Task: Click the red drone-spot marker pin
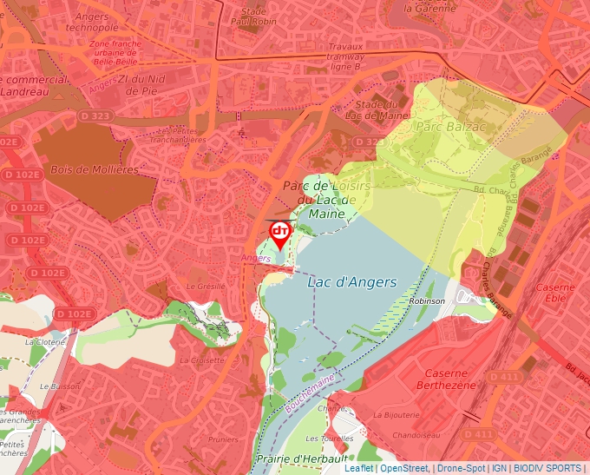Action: [279, 234]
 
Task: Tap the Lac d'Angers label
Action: [351, 282]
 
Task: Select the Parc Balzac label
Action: [443, 127]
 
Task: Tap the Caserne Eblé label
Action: [555, 293]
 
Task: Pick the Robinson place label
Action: [427, 300]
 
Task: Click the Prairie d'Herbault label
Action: [301, 458]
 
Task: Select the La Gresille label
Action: [206, 286]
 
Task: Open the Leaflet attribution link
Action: [358, 468]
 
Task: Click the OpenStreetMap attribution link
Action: [403, 468]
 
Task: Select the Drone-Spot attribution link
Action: [461, 468]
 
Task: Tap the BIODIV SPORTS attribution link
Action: [547, 468]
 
